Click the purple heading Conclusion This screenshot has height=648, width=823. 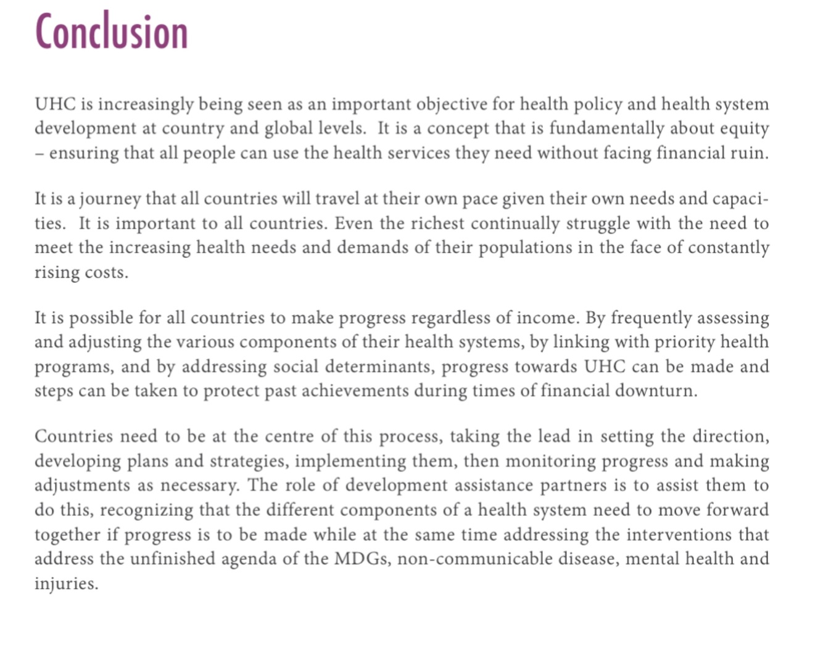tap(112, 32)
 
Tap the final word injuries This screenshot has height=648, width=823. tap(66, 584)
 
